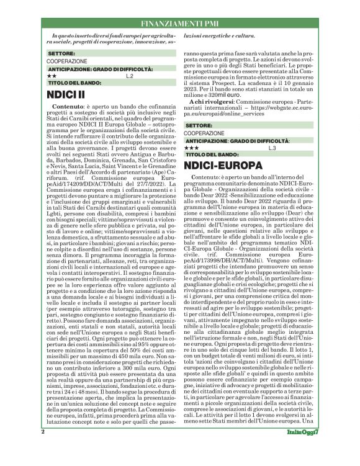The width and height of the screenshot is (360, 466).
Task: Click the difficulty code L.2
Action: [x=129, y=76]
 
